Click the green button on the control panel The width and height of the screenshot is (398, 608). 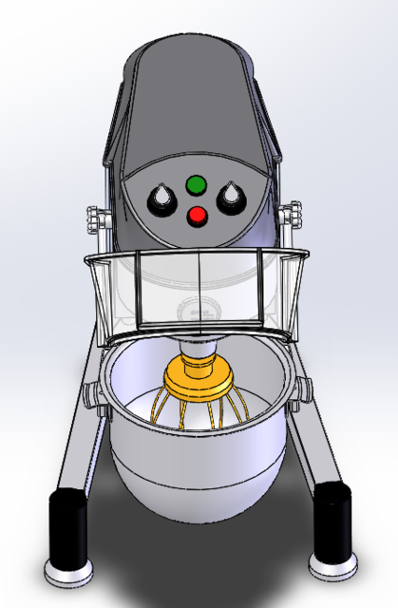click(197, 183)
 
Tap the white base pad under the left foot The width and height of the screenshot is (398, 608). click(69, 572)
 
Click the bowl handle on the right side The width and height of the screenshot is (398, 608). click(304, 388)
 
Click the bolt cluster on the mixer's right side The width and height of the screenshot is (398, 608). click(295, 215)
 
